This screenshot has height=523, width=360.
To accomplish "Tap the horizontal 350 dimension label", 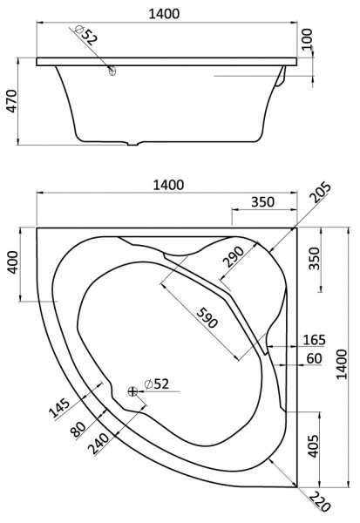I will (262, 201).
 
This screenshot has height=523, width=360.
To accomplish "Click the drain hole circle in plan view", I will (132, 391).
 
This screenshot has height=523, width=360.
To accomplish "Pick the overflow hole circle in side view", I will (112, 73).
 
